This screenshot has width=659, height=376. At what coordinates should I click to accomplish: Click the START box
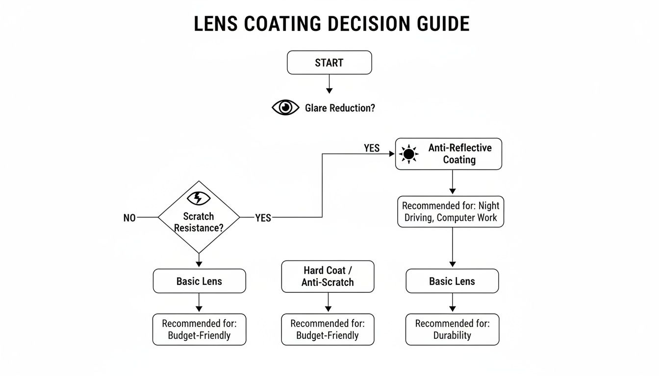tap(329, 63)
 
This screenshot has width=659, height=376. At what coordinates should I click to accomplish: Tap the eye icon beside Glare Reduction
tap(285, 108)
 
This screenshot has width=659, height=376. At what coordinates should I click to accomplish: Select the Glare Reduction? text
tap(340, 108)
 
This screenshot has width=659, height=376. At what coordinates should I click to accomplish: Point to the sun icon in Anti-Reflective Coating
tap(408, 154)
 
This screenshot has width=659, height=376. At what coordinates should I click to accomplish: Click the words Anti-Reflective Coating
tap(459, 154)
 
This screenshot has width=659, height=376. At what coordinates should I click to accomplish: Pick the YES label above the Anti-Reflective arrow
tap(372, 148)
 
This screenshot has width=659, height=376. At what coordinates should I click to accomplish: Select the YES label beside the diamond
tap(263, 218)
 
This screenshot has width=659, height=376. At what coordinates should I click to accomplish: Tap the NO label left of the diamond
tap(129, 218)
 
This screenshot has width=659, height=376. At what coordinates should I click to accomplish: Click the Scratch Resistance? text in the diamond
tap(199, 222)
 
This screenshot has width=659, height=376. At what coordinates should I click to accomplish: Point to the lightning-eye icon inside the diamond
tap(199, 198)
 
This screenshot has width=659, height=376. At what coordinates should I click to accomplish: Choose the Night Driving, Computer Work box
tap(451, 212)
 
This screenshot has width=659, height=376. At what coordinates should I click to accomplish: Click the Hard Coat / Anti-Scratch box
tap(328, 276)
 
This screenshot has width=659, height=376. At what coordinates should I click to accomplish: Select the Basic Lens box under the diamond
tap(199, 281)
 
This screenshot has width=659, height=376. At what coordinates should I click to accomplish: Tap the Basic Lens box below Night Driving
tap(452, 281)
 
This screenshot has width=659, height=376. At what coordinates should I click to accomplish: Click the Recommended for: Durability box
tap(452, 329)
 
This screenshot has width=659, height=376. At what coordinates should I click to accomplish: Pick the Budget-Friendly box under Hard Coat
tap(328, 329)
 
